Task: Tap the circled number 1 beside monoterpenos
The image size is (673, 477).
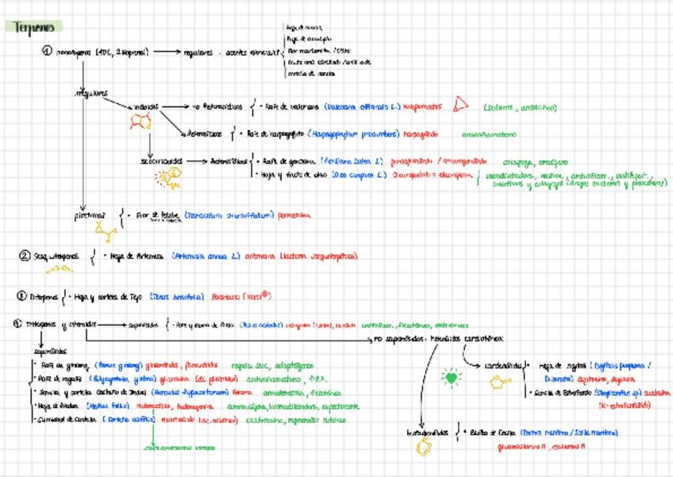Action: pos(47,52)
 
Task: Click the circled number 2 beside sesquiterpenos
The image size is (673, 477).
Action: pos(25,256)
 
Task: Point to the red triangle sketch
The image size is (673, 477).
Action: pos(460,105)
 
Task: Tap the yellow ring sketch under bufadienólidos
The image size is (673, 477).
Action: pos(424,447)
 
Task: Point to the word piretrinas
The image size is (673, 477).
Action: pos(90,214)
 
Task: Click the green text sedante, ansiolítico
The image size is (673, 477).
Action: pos(520,106)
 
